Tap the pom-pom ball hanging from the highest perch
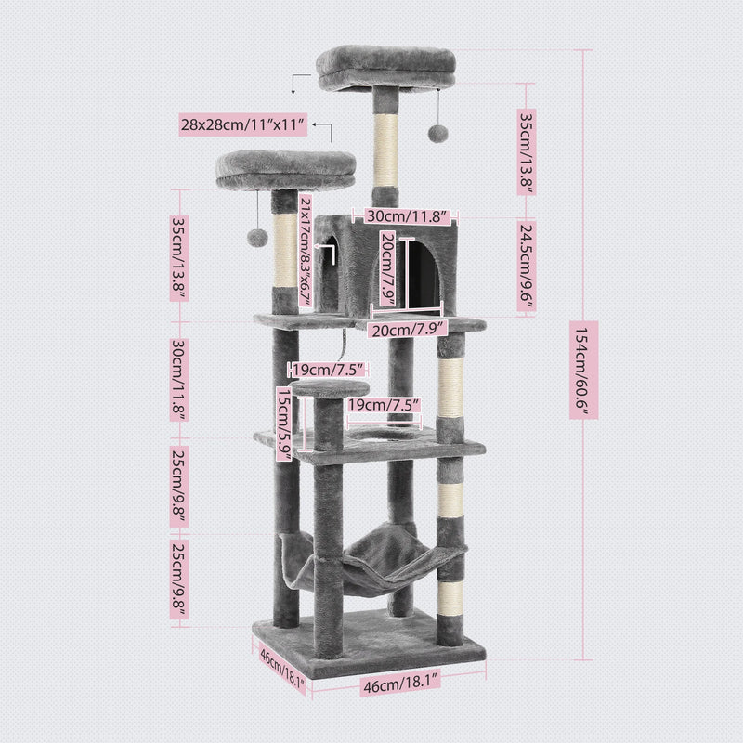(x=434, y=135)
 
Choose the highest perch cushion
(x=388, y=67)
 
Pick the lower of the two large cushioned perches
(x=288, y=168)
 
